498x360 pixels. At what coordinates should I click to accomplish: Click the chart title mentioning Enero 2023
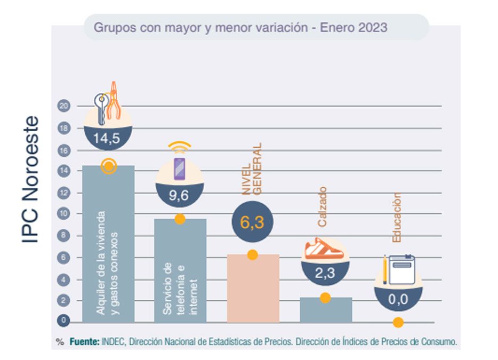[240, 27]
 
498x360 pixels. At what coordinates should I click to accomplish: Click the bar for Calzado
[325, 310]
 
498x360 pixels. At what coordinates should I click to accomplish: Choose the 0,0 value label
[397, 299]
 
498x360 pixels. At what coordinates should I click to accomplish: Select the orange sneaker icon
[324, 249]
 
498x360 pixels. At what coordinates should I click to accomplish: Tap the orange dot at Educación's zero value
[398, 322]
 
